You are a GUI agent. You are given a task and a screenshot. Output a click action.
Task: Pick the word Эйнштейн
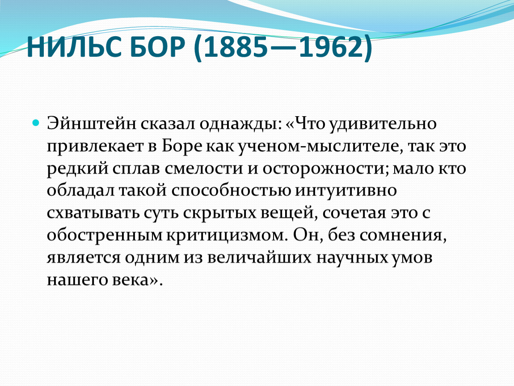point(92,124)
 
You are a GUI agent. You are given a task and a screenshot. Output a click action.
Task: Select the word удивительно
point(383,124)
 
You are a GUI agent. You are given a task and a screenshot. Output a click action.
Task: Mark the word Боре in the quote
point(182,146)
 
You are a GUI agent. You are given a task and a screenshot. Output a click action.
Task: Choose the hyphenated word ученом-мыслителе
point(319,146)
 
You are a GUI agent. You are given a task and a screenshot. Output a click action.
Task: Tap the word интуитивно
point(346,191)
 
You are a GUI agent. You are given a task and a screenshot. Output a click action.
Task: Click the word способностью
point(231,191)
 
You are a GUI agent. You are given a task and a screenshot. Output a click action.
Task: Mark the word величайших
point(259,257)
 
